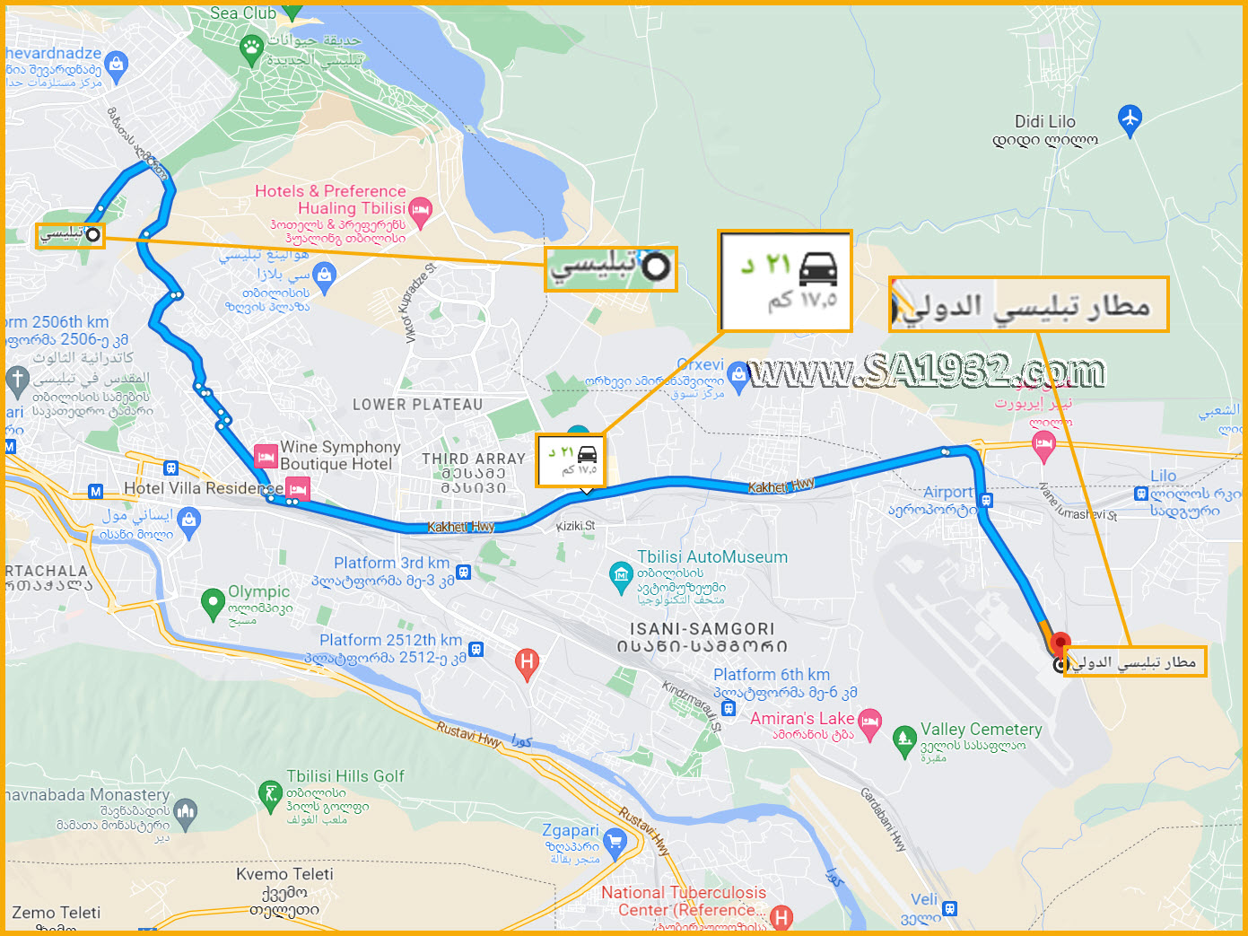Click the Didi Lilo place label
point(1044,122)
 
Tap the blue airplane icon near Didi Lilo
point(1130,118)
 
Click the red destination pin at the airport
point(1060,643)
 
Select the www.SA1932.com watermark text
point(926,371)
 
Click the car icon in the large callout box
point(817,267)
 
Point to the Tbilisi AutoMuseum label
point(711,557)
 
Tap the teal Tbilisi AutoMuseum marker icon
point(620,575)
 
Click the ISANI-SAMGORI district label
point(702,629)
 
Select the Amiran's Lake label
point(801,719)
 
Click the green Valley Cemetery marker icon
point(904,740)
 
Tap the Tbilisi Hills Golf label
point(345,776)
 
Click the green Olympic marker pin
point(213,602)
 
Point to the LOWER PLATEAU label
point(417,405)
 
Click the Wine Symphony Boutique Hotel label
point(339,455)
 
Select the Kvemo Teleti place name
point(284,874)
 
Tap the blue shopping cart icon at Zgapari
point(615,841)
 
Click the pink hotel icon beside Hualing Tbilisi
point(420,211)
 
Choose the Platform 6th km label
point(771,675)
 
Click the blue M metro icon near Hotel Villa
point(96,491)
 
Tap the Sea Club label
point(242,13)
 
